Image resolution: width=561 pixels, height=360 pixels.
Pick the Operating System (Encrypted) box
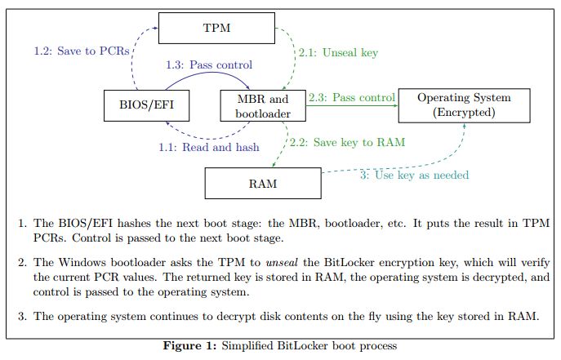click(x=464, y=105)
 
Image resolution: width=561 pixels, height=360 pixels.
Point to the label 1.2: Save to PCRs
click(x=82, y=50)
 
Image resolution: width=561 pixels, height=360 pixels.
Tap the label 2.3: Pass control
click(x=351, y=97)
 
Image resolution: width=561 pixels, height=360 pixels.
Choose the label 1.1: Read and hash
click(x=209, y=147)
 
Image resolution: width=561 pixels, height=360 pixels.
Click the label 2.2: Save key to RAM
click(x=346, y=142)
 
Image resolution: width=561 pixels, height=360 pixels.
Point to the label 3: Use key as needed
click(x=414, y=175)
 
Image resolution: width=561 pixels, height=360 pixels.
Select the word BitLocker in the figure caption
click(x=321, y=346)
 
